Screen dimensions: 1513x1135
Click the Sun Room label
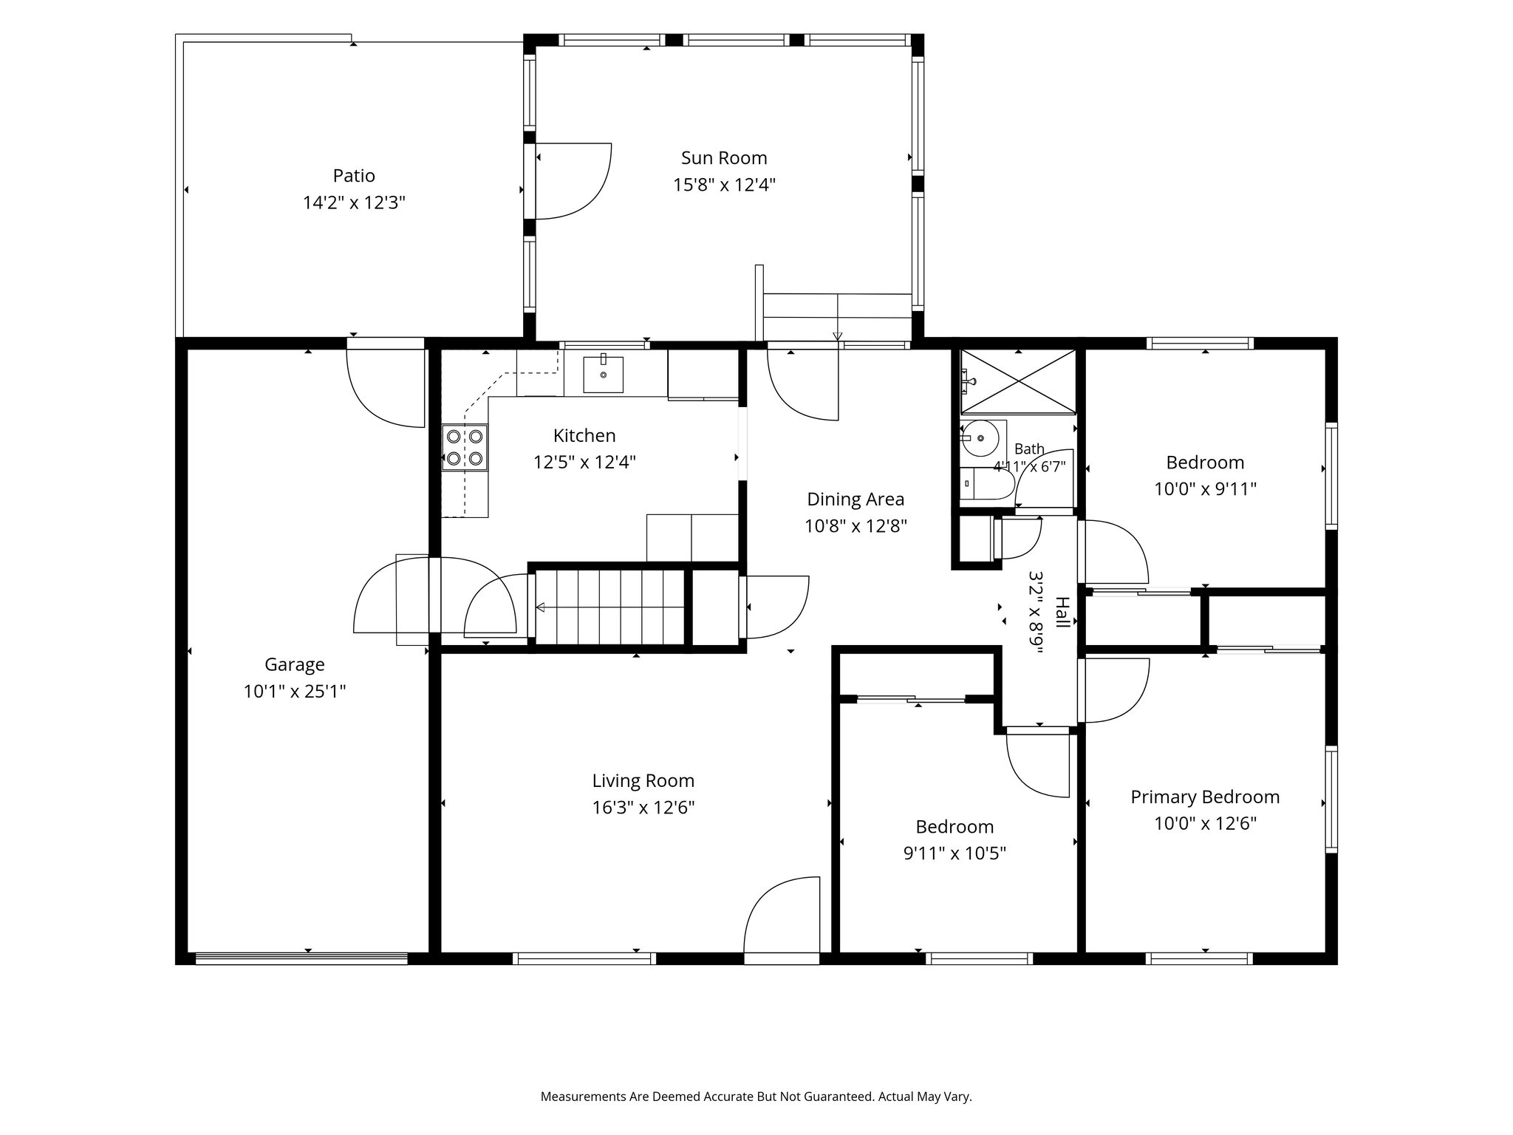point(724,158)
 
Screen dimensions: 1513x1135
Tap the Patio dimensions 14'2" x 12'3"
point(354,202)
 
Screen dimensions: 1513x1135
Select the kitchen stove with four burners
point(465,447)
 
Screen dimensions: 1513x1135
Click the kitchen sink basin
point(603,374)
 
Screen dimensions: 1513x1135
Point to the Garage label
point(295,665)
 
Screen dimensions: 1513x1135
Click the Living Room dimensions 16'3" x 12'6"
point(643,808)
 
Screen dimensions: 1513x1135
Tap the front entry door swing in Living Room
point(782,916)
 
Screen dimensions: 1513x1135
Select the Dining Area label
point(855,500)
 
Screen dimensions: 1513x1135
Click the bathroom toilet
point(987,483)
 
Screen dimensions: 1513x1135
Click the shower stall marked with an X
point(1018,381)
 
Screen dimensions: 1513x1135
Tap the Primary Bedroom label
point(1205,797)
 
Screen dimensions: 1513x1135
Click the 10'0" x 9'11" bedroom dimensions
point(1205,489)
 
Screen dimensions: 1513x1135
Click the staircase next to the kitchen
point(610,608)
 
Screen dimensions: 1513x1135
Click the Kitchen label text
point(584,435)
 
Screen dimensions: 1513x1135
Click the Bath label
point(1029,449)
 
